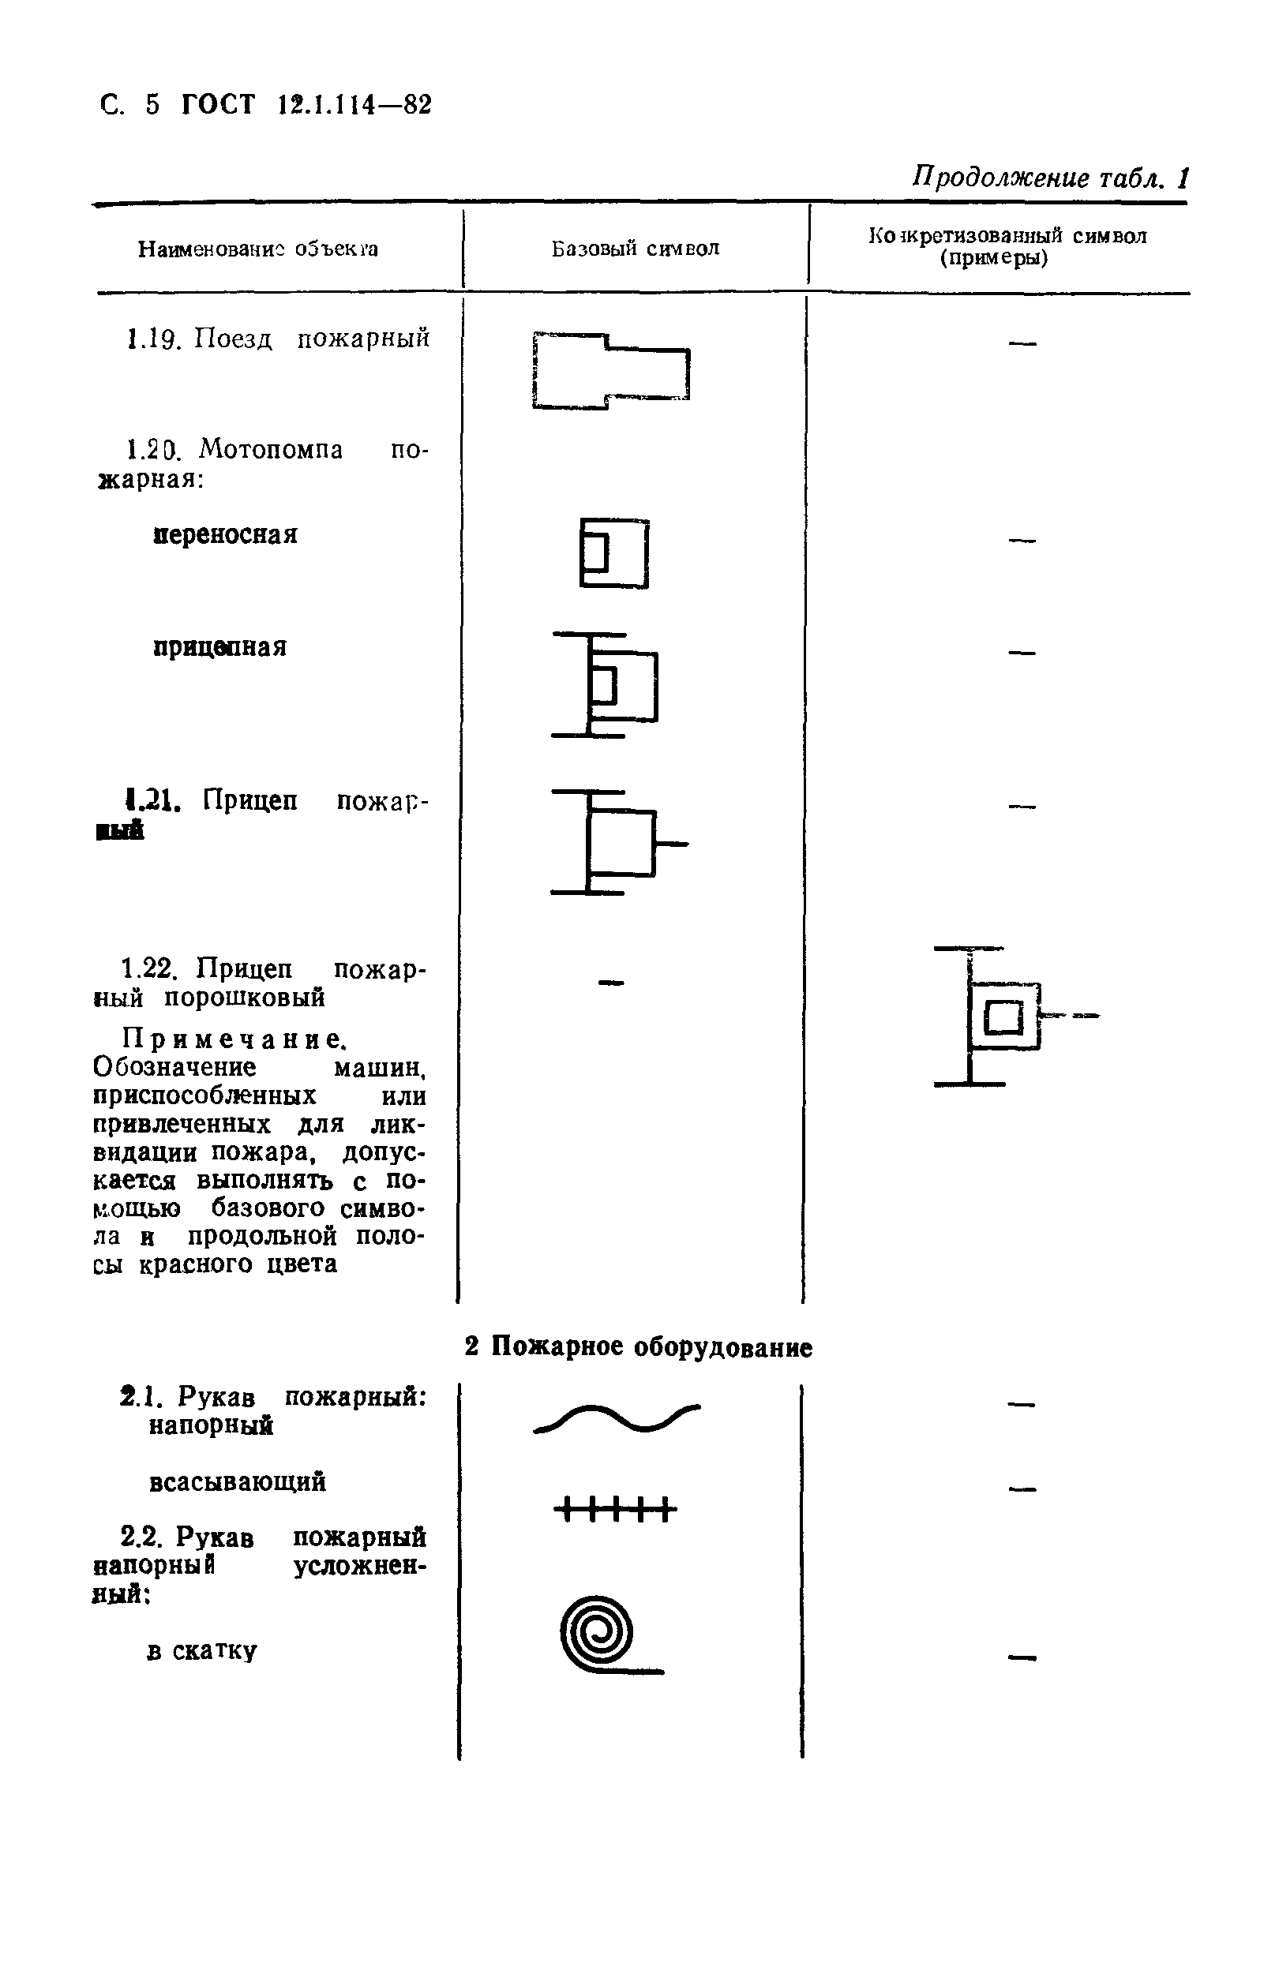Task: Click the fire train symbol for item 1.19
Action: pyautogui.click(x=610, y=371)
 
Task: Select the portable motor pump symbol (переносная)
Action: pyautogui.click(x=614, y=552)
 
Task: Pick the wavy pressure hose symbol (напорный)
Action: pyautogui.click(x=617, y=1418)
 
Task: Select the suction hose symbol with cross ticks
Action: pyautogui.click(x=616, y=1510)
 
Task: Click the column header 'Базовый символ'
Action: pyautogui.click(x=636, y=249)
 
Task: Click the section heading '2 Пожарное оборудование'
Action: pyautogui.click(x=639, y=1347)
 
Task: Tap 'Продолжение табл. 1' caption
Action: pyautogui.click(x=1050, y=178)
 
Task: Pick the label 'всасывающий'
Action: pyautogui.click(x=237, y=1482)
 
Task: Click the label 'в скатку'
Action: pyautogui.click(x=201, y=1650)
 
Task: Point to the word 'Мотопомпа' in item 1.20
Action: pyautogui.click(x=270, y=449)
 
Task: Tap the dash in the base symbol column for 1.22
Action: pyautogui.click(x=610, y=982)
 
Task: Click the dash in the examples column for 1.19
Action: pyautogui.click(x=1022, y=343)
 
